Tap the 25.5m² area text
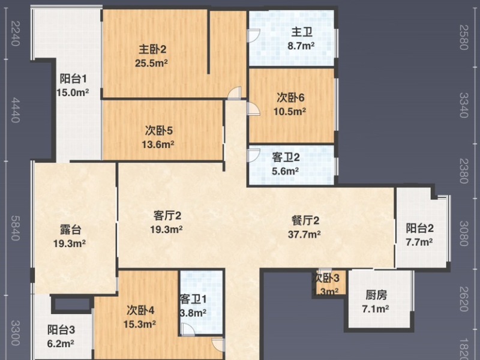click(153, 62)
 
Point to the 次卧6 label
click(292, 97)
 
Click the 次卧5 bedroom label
click(159, 130)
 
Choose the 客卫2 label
click(286, 158)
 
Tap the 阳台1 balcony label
click(74, 79)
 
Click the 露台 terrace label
click(71, 230)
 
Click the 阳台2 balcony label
click(419, 229)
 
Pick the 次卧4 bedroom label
click(141, 310)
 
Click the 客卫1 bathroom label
click(193, 299)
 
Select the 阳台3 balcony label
click(61, 330)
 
